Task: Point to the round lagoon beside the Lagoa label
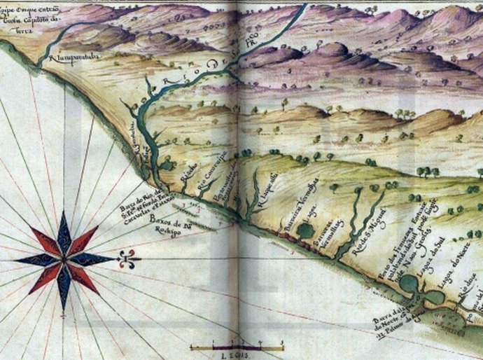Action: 305,229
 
